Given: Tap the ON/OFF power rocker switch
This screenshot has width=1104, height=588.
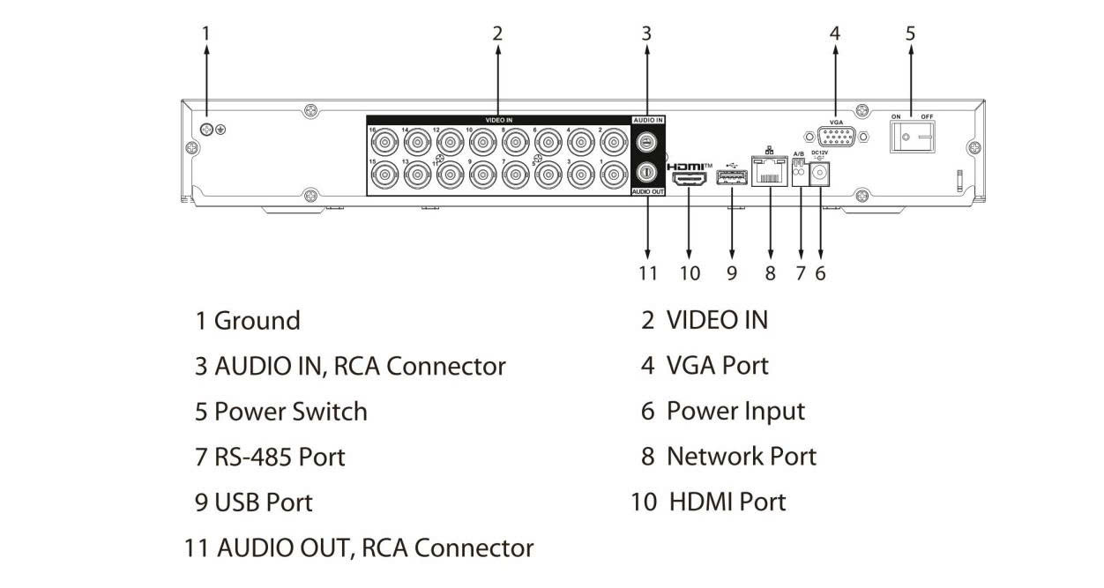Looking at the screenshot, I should pos(911,137).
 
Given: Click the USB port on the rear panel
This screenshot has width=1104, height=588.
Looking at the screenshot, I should pos(732,179).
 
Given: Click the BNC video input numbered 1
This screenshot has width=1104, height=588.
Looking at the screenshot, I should pos(614,175).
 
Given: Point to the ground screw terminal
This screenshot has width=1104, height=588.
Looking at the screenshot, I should pos(205,130).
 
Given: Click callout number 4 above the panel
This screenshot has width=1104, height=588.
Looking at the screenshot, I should pos(834,33).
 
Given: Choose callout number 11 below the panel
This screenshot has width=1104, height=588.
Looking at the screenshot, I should pos(648,273).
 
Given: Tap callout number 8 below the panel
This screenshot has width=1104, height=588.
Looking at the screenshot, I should pos(770,273).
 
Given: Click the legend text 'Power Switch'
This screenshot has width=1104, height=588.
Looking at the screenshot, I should pos(291,412).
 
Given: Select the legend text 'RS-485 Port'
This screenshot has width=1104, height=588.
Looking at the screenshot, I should pos(280,457).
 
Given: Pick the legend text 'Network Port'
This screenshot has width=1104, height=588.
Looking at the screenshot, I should pos(741,457).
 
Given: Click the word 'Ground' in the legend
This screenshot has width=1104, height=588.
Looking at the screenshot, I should pos(257,321).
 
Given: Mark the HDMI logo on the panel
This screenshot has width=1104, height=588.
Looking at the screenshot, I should pos(689,166).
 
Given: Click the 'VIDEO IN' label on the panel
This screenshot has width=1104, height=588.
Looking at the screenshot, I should pos(498,119).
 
